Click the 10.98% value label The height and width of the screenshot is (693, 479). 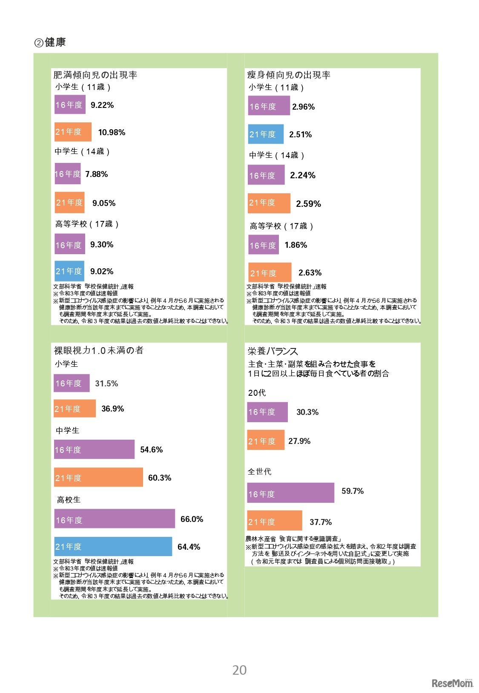tap(112, 132)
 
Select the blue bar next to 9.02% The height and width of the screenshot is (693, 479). tap(69, 271)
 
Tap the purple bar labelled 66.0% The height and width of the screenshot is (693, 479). tap(114, 519)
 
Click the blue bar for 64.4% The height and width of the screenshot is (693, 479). tap(113, 546)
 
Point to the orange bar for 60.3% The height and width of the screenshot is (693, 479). tap(98, 477)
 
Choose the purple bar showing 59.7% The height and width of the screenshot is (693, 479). tap(290, 493)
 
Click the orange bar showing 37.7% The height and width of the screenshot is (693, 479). tap(274, 521)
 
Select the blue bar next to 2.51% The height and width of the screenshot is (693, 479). tap(266, 134)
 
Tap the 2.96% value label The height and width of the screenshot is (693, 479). tap(303, 107)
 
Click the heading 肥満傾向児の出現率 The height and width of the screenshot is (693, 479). tap(95, 75)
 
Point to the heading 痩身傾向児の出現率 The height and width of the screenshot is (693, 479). tap(289, 75)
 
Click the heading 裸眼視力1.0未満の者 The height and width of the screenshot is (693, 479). tap(98, 351)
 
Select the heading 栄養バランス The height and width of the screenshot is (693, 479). tap(272, 351)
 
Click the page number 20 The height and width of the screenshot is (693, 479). tap(239, 670)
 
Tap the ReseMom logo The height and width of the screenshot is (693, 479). tap(452, 683)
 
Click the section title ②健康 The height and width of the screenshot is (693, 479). tap(50, 42)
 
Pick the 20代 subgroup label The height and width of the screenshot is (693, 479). tap(257, 393)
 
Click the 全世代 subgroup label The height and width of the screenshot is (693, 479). tap(259, 471)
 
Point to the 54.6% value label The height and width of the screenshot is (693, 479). tap(151, 449)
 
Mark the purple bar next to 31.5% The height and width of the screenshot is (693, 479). tap(72, 383)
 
